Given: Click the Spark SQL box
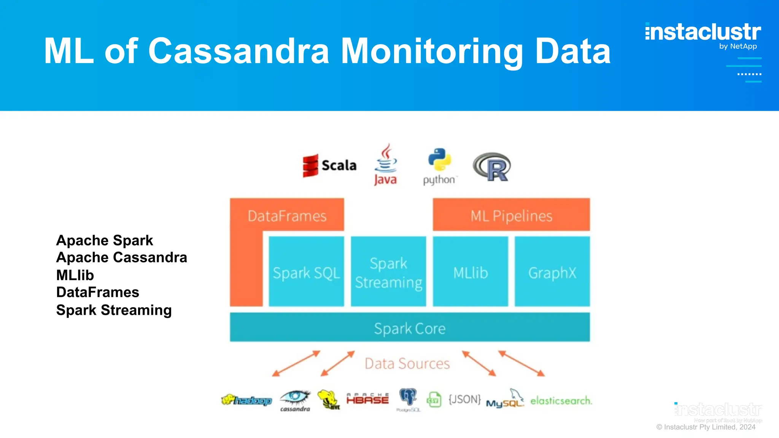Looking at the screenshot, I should tap(306, 271).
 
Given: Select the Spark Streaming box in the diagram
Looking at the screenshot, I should tap(388, 271).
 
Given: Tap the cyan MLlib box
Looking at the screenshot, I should tap(471, 271).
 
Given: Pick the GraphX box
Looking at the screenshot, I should tap(552, 271).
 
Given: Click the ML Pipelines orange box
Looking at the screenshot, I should tap(511, 215).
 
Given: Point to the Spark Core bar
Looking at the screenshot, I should tap(410, 327).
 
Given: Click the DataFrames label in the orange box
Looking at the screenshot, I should tap(287, 216).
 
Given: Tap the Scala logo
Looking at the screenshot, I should tap(329, 165).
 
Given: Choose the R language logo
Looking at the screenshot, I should tap(492, 167).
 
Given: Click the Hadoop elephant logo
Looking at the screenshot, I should tap(246, 400).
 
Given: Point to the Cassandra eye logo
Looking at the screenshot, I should tap(295, 399).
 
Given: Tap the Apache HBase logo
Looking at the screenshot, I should tap(367, 398).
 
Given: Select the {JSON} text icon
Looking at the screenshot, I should tap(464, 399).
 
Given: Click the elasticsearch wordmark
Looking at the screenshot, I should tap(561, 400).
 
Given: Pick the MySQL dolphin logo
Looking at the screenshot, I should tap(506, 399).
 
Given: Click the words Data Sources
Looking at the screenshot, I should tap(407, 363).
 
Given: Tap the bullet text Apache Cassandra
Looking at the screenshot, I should tap(122, 257).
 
